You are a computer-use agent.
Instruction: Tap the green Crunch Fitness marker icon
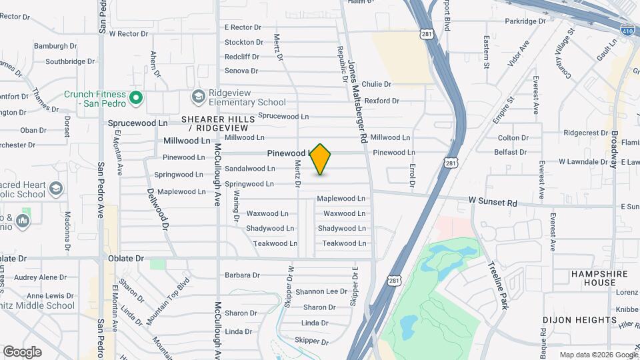136,98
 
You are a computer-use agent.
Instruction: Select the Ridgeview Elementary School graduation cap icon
198,97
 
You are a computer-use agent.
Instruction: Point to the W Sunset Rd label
493,201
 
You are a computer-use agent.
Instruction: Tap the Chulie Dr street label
377,84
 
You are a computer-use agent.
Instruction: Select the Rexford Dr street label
381,101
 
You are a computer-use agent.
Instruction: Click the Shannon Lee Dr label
321,291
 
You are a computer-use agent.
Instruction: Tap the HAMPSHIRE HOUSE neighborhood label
593,278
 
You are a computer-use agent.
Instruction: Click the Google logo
22,351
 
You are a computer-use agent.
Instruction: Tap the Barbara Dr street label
241,275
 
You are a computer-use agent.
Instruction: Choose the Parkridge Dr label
525,21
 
